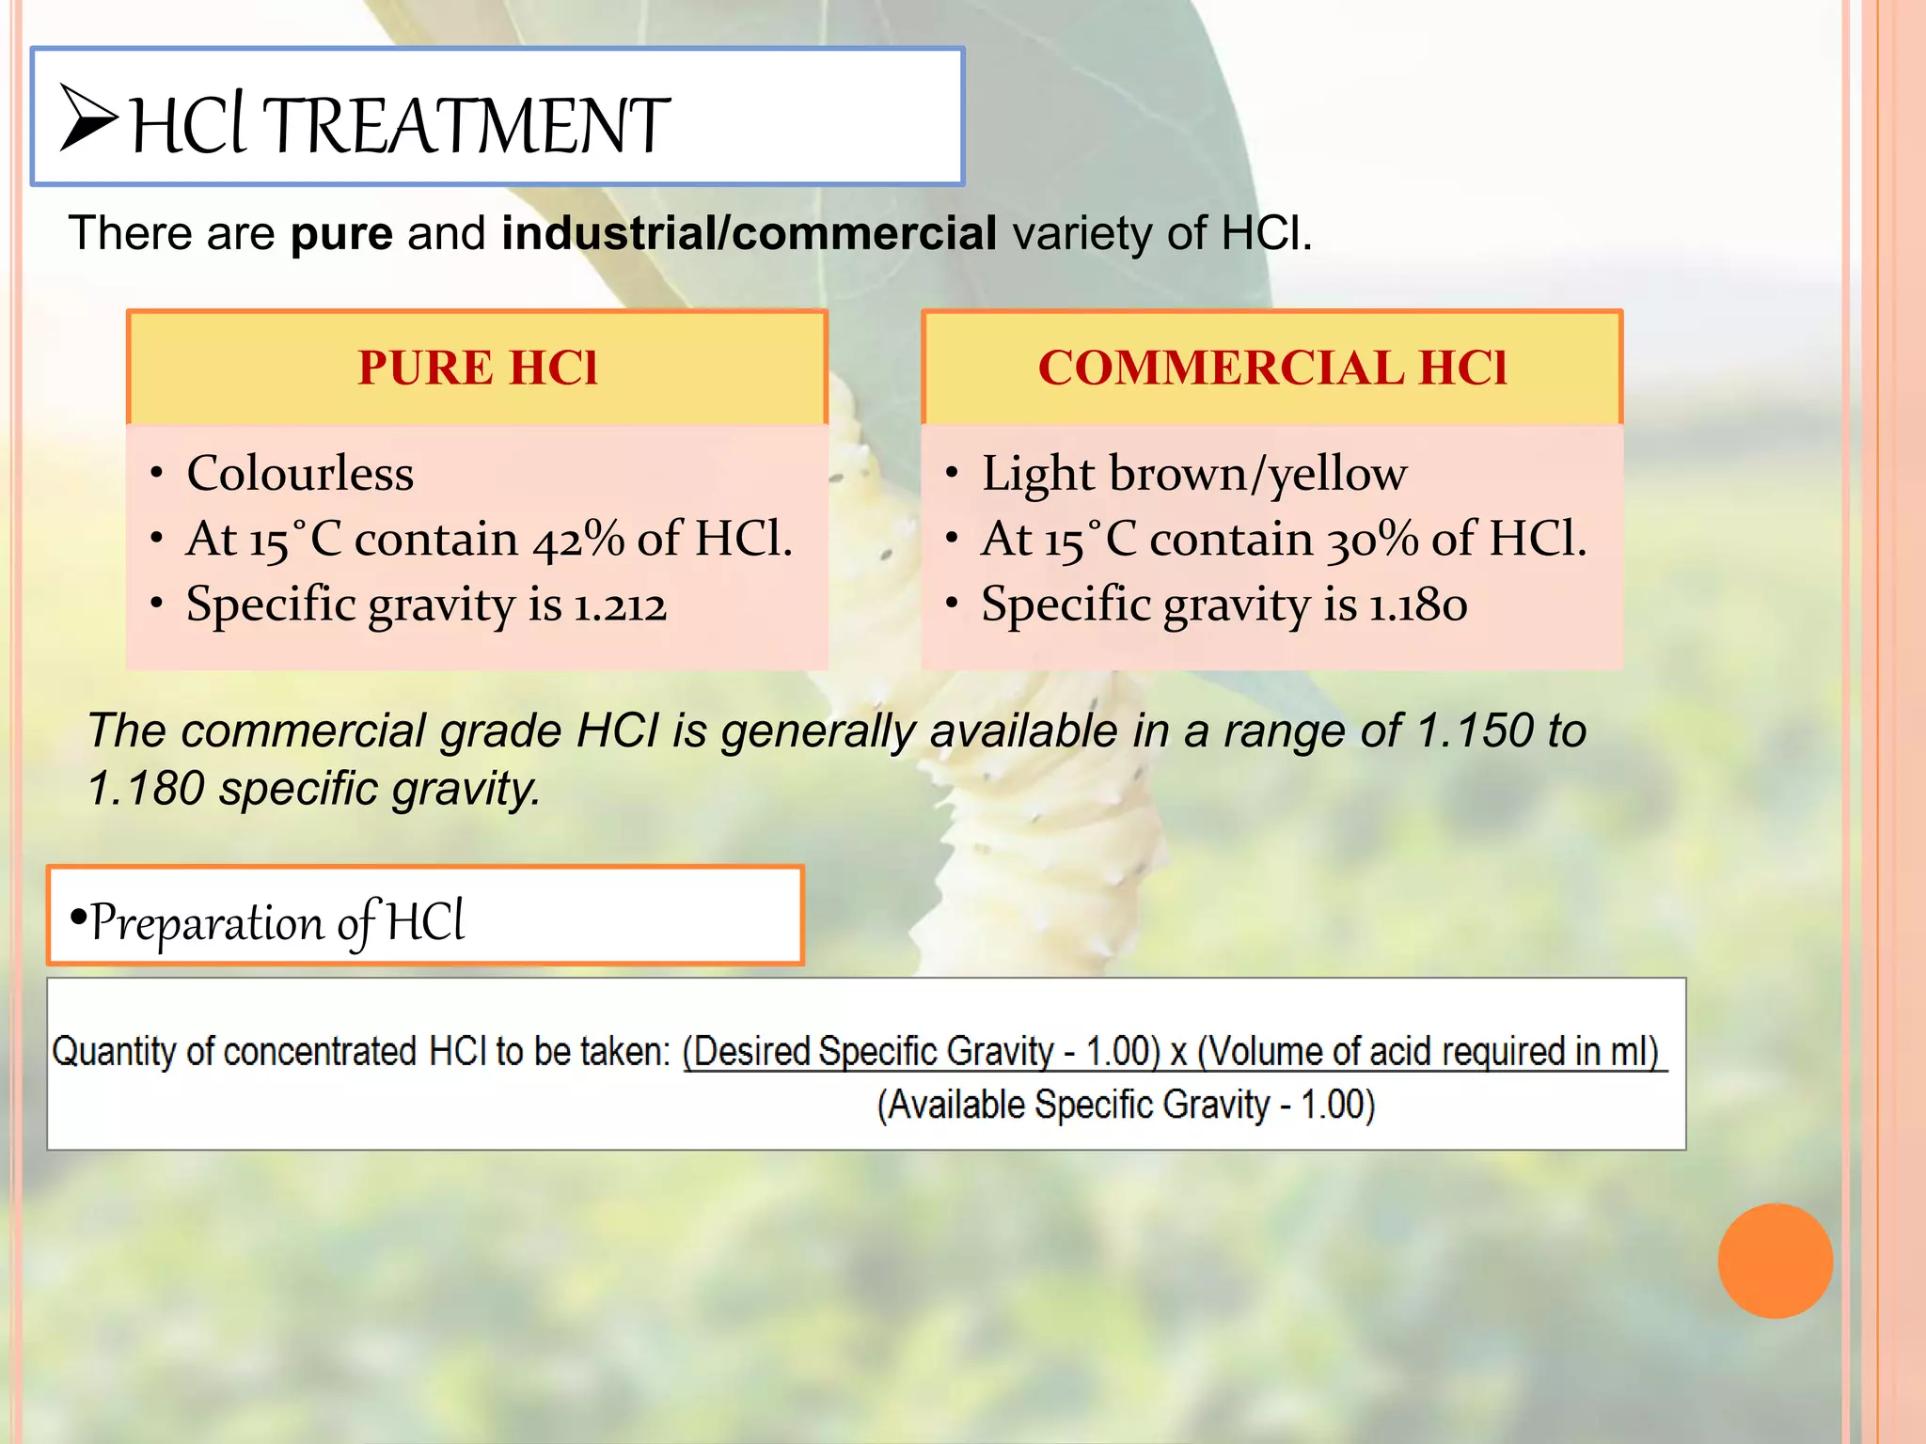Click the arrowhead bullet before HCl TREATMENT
point(88,119)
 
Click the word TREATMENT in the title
point(466,126)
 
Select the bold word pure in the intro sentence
point(341,233)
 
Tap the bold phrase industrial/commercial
point(749,233)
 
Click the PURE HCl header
point(478,368)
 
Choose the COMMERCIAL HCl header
point(1272,368)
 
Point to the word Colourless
point(300,473)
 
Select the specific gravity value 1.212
point(620,604)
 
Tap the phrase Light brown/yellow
point(1194,473)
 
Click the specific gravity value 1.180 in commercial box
point(1417,604)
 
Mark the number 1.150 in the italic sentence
point(1475,730)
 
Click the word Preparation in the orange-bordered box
point(206,923)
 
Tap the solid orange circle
point(1775,1261)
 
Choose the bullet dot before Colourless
point(157,472)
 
